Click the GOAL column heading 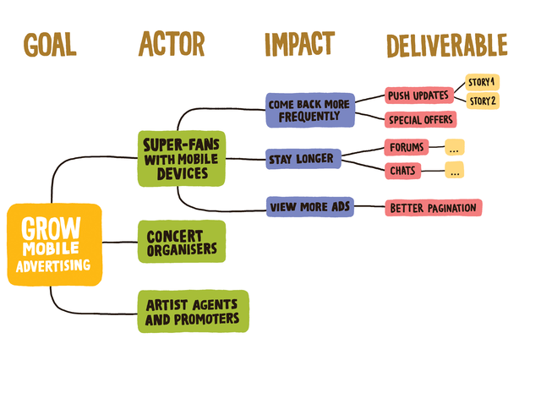click(50, 45)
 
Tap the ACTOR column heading click(172, 45)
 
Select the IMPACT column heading click(299, 45)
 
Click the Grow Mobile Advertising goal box click(55, 244)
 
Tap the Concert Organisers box click(182, 242)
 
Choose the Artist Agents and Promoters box click(193, 311)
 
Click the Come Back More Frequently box click(309, 110)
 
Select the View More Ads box click(310, 207)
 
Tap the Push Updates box click(418, 96)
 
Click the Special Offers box click(421, 120)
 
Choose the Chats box click(402, 171)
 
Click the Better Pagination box click(433, 207)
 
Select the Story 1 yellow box click(483, 82)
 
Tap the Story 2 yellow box click(483, 101)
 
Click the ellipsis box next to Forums click(454, 147)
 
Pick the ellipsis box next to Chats click(454, 171)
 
